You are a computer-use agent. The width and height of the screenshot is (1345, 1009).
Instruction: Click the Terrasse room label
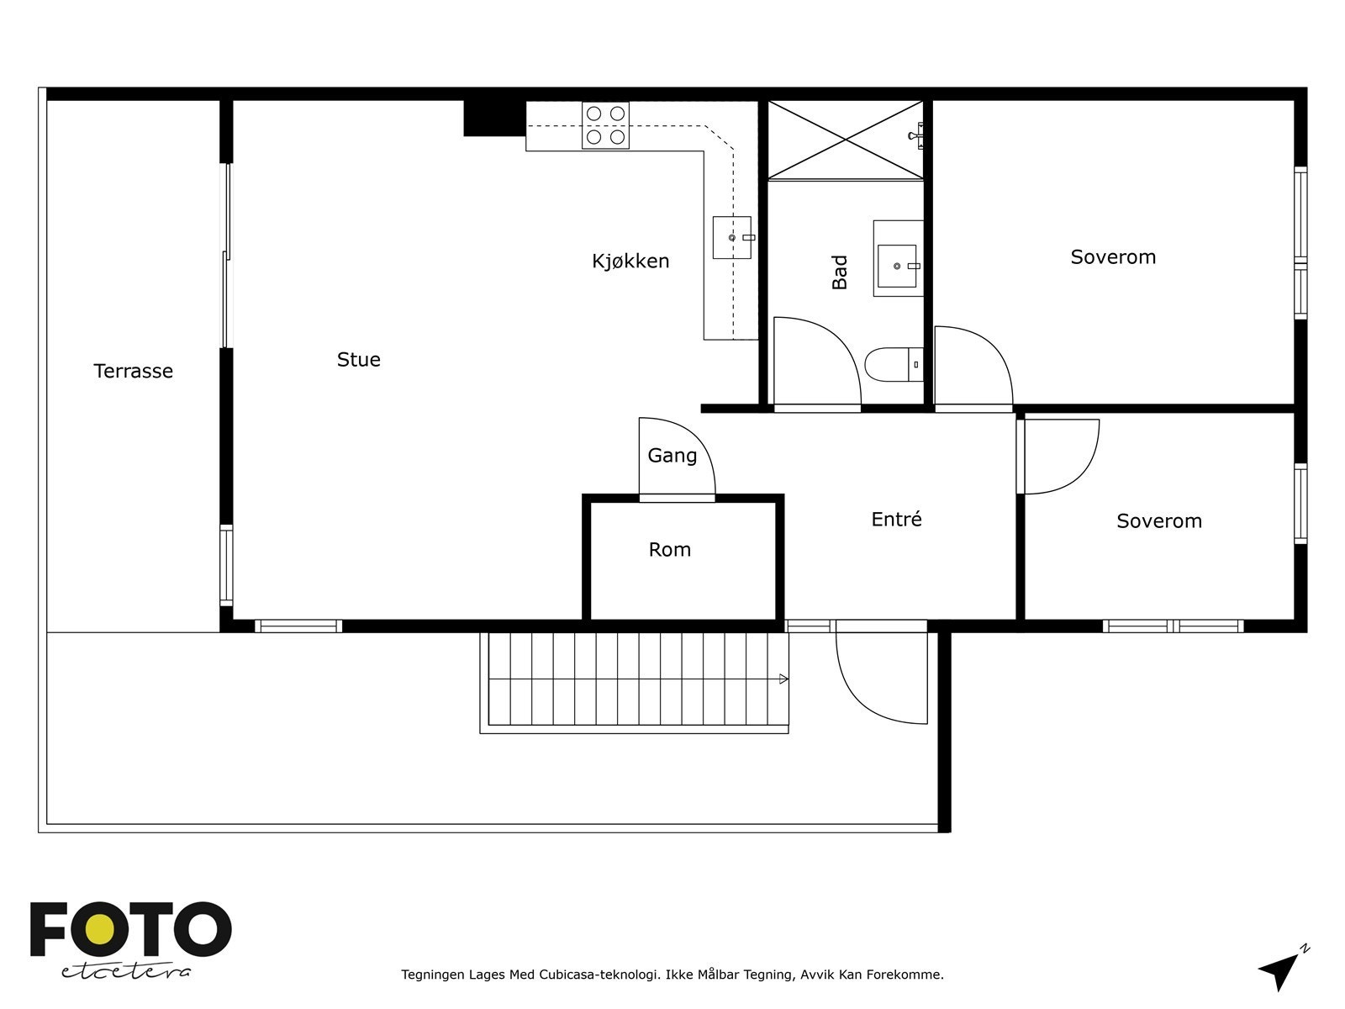tap(133, 371)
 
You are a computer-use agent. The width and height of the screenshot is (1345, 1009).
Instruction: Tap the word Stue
tap(358, 359)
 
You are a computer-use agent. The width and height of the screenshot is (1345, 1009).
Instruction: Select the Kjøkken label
tap(630, 261)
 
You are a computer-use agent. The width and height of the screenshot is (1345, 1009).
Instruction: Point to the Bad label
tap(840, 272)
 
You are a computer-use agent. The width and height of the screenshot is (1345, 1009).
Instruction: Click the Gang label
tap(672, 456)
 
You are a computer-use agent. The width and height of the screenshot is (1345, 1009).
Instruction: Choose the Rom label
tap(670, 550)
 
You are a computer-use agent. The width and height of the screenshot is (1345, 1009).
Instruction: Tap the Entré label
tap(896, 519)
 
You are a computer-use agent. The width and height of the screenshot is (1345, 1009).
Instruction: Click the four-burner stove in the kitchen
tap(605, 125)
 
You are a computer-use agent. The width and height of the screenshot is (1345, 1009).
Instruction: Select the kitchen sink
tap(733, 237)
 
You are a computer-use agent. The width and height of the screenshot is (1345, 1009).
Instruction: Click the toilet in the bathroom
tap(894, 365)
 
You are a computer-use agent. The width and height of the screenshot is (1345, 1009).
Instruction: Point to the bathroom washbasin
tap(899, 258)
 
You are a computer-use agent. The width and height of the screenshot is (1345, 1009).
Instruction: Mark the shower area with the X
tap(846, 140)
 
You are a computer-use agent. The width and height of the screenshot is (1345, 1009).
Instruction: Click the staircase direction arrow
tap(783, 679)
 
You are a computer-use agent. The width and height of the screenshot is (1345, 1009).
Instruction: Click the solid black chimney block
tap(494, 119)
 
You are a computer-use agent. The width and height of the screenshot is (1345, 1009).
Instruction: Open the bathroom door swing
tap(817, 362)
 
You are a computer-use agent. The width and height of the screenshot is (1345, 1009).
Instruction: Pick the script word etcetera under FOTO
tap(125, 972)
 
